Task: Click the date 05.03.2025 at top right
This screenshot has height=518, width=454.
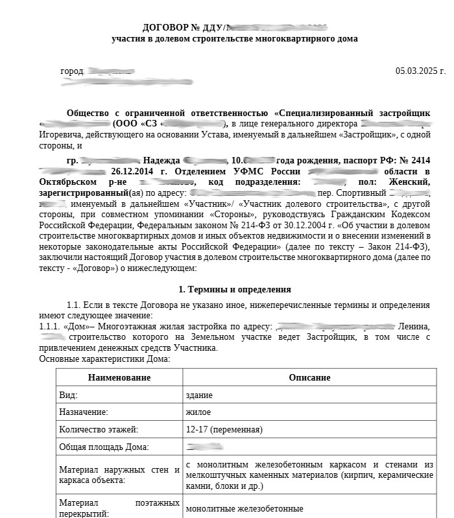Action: [x=420, y=71]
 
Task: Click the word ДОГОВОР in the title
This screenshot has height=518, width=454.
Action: [x=165, y=27]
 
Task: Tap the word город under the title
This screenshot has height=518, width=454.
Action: [x=72, y=71]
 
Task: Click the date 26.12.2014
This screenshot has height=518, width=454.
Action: [x=134, y=171]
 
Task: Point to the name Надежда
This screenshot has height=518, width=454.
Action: [x=161, y=160]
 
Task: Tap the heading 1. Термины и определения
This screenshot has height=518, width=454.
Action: [x=234, y=289]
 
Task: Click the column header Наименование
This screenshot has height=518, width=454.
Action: [x=119, y=377]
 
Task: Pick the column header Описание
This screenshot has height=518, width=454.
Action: [x=309, y=377]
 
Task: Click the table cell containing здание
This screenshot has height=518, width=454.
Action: [x=198, y=395]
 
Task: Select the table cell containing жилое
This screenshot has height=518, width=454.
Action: [x=198, y=412]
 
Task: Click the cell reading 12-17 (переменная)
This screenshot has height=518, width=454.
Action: [x=224, y=429]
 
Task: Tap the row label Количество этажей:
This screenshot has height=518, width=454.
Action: [x=99, y=429]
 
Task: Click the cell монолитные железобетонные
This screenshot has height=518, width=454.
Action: [x=245, y=509]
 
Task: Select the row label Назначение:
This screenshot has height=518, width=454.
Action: [x=84, y=412]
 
